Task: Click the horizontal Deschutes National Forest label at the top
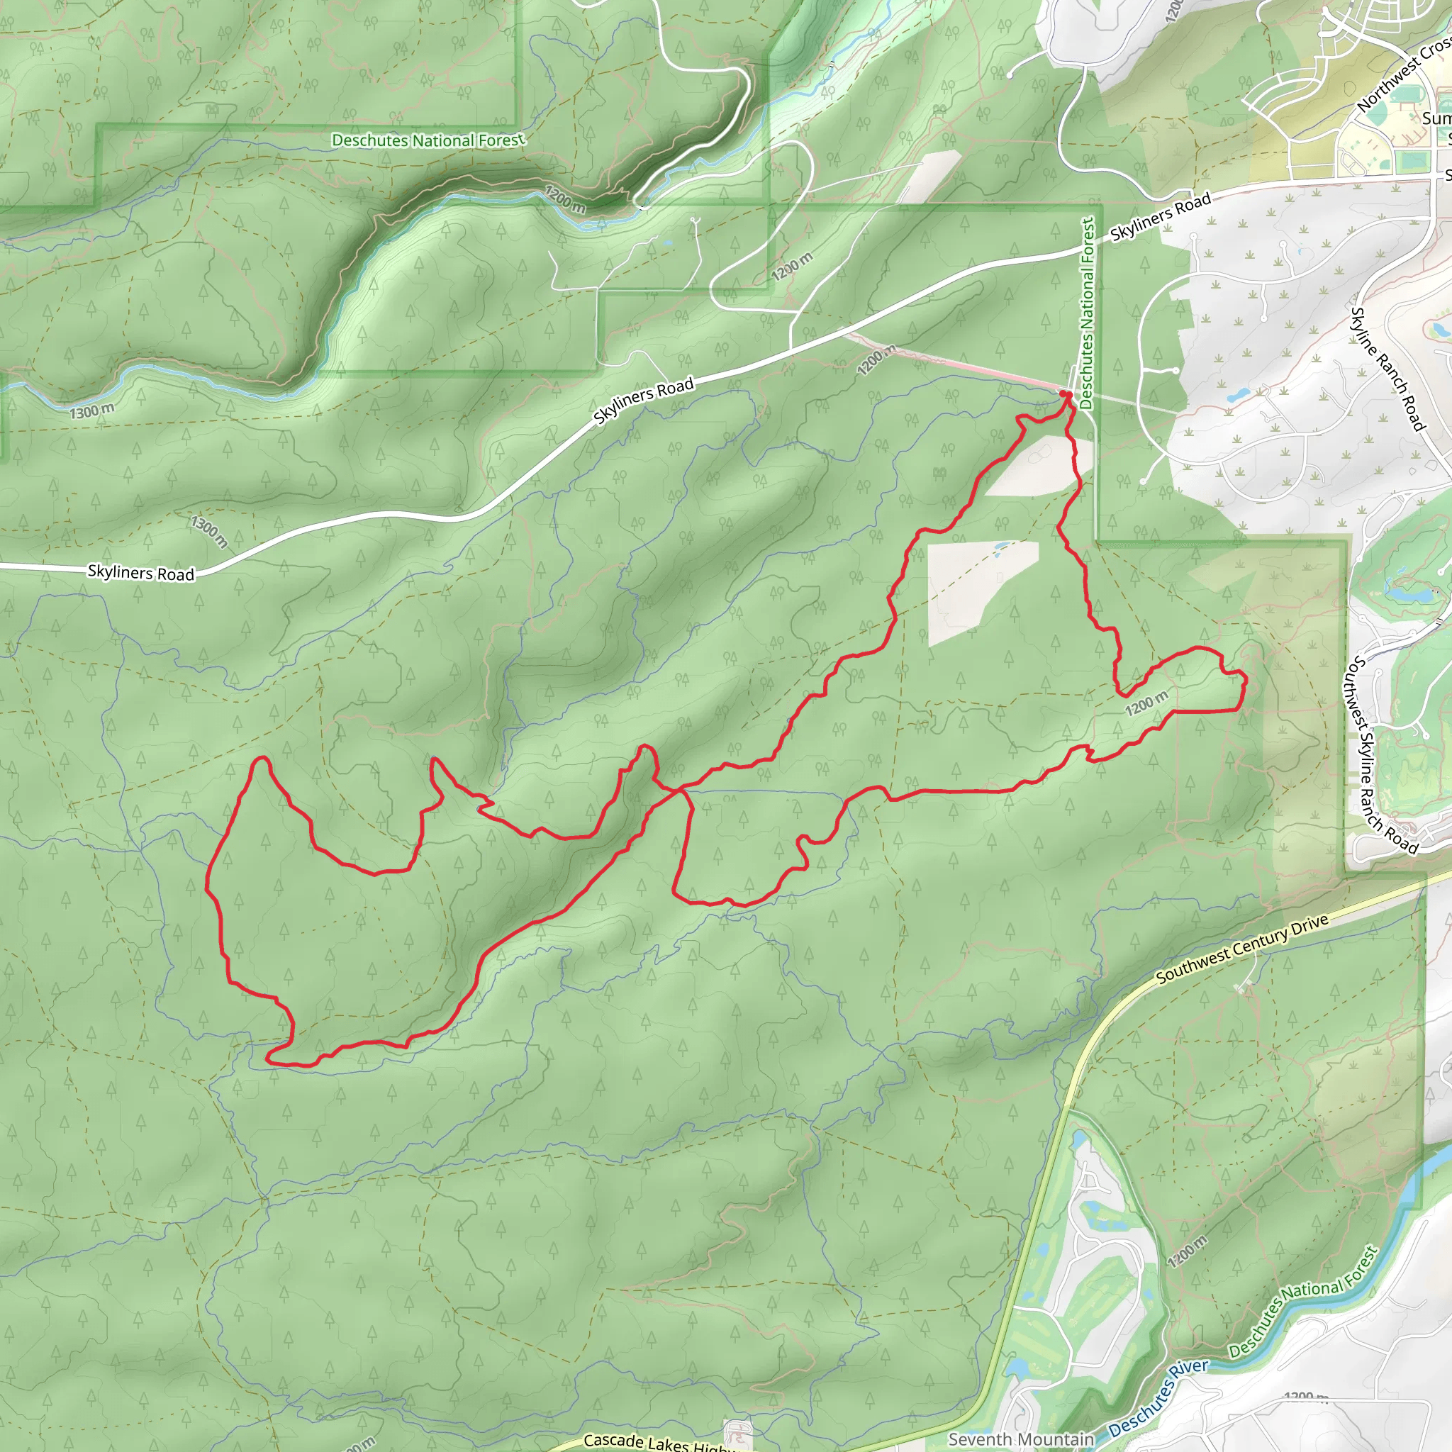(x=428, y=140)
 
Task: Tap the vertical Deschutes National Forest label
(x=1087, y=313)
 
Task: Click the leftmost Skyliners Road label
(x=140, y=573)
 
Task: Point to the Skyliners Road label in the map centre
(x=643, y=401)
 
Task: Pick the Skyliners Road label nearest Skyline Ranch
(x=1161, y=216)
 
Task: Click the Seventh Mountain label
(x=1021, y=1439)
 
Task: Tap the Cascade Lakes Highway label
(x=654, y=1441)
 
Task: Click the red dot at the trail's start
(x=1063, y=393)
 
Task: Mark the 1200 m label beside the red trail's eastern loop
(x=1146, y=703)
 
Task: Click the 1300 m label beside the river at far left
(x=91, y=411)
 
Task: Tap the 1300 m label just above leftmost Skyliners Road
(x=210, y=530)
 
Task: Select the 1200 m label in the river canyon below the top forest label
(x=565, y=199)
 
